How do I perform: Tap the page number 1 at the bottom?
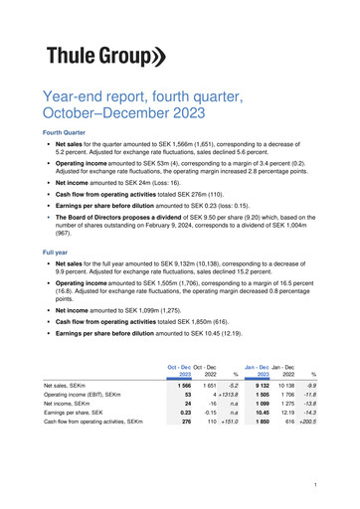[x=313, y=484]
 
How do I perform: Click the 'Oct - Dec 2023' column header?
[x=179, y=370]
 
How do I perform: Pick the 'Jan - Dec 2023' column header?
[x=257, y=370]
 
